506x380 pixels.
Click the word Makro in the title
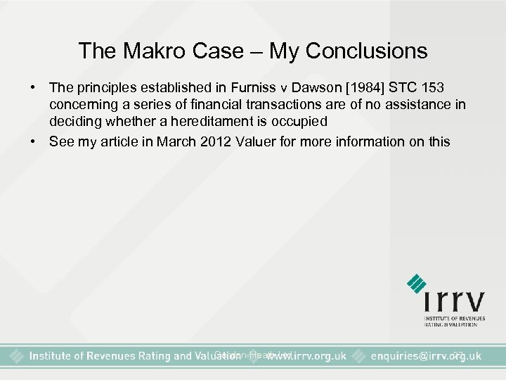tap(148, 51)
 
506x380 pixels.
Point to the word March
tap(177, 141)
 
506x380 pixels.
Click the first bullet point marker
tap(32, 88)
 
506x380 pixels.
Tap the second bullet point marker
tap(32, 141)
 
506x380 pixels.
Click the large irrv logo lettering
tap(454, 300)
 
